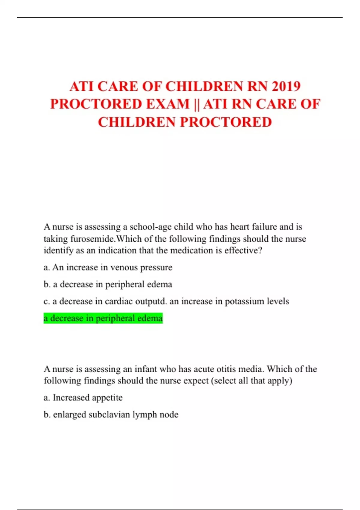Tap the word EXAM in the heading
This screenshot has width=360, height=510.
(x=168, y=104)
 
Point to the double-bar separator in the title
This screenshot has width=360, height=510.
(x=196, y=104)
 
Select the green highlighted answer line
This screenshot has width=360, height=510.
(x=103, y=318)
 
